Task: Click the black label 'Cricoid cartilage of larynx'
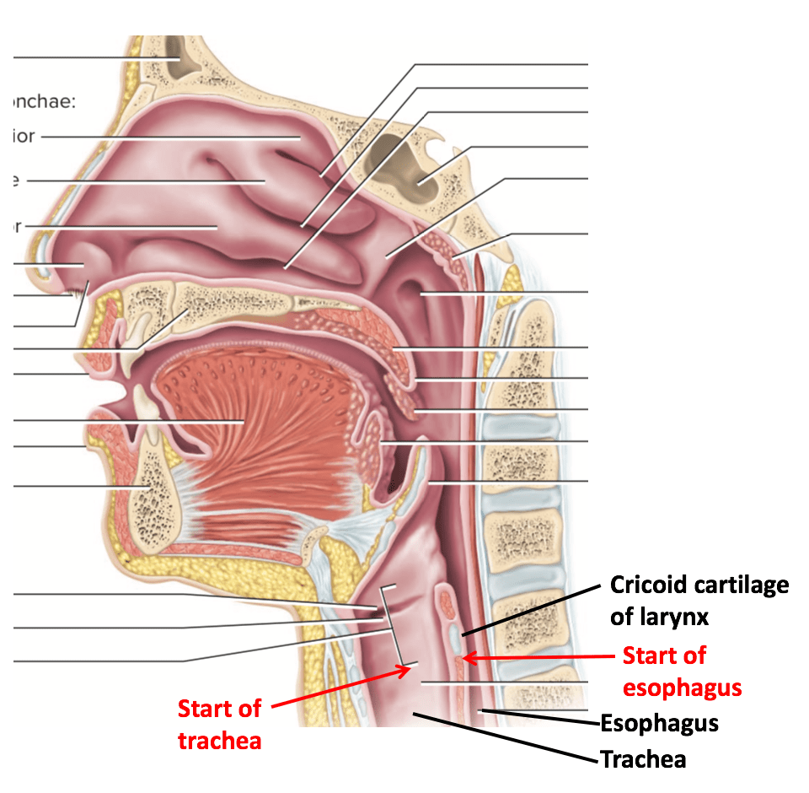tap(699, 601)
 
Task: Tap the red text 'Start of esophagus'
tap(682, 672)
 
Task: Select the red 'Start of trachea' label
tap(219, 724)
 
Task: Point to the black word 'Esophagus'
tap(659, 723)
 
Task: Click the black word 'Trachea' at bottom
tap(643, 759)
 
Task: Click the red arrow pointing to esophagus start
tap(539, 656)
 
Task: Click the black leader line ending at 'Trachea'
tap(506, 737)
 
